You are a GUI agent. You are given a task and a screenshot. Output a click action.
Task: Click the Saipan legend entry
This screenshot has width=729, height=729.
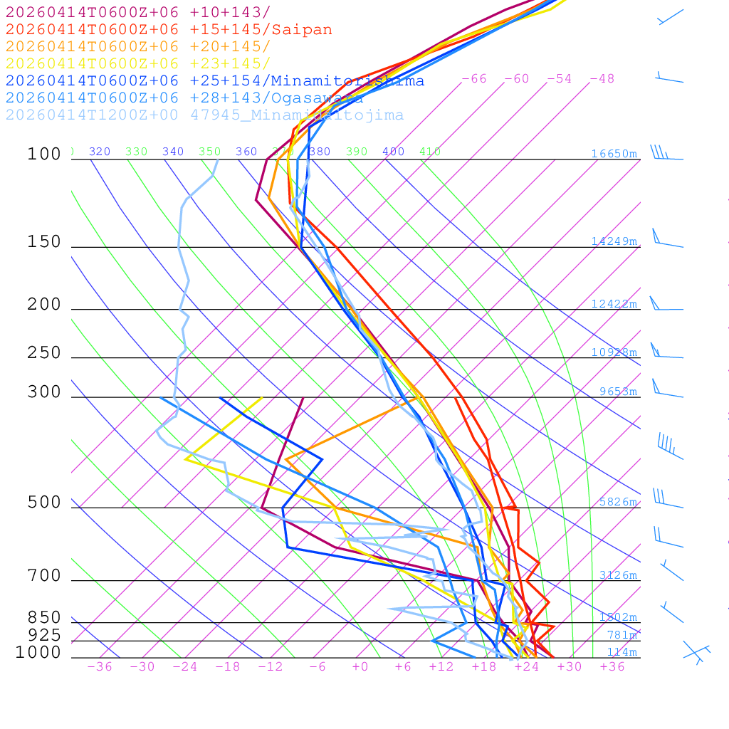click(x=169, y=30)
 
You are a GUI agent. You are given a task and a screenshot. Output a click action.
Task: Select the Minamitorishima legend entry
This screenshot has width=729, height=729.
click(x=214, y=81)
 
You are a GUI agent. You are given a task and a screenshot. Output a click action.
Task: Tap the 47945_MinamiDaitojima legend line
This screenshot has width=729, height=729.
click(x=204, y=115)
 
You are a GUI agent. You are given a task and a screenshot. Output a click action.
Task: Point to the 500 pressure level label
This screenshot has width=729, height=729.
click(x=44, y=503)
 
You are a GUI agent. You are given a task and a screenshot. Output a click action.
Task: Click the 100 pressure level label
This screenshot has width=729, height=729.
click(x=44, y=154)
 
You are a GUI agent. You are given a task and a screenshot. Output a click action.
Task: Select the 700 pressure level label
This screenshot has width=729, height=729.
click(x=44, y=576)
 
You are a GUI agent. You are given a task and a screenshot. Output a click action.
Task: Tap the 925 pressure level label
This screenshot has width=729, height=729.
click(x=44, y=635)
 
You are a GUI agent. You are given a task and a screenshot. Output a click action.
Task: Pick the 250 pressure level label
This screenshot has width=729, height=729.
click(x=44, y=353)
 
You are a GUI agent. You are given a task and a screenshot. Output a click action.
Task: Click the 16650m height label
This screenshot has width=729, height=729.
click(x=614, y=154)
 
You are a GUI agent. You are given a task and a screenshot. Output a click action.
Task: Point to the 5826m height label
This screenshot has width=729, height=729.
click(x=617, y=502)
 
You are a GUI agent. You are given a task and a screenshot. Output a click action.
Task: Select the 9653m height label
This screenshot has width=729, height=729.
click(x=617, y=392)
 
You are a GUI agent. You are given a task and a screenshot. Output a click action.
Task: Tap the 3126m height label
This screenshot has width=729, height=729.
click(x=617, y=575)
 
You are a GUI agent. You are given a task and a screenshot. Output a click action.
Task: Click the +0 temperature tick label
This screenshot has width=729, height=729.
click(x=360, y=667)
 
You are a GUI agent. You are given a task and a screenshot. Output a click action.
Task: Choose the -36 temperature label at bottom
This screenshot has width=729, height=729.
click(x=99, y=667)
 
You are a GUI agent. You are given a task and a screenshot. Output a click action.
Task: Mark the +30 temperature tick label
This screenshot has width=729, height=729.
click(x=570, y=667)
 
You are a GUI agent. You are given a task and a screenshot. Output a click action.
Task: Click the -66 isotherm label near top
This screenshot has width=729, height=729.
click(x=474, y=79)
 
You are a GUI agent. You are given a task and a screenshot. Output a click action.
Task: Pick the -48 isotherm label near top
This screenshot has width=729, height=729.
click(x=602, y=79)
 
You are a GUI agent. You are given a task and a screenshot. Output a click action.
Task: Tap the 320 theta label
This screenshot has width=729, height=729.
click(x=100, y=152)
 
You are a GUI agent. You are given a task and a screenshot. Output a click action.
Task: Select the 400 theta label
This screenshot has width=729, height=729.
click(x=393, y=152)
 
